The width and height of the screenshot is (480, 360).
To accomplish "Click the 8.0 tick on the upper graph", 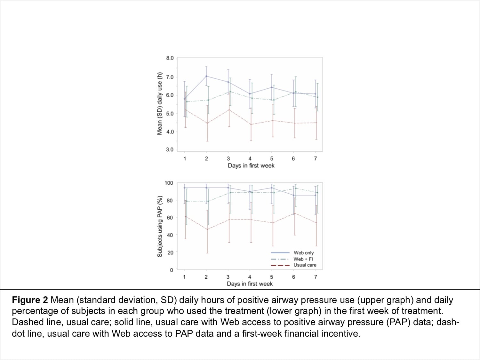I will (x=170, y=58).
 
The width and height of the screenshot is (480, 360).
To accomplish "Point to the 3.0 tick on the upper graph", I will (x=170, y=150).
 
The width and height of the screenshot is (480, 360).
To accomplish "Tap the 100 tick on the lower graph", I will (x=169, y=183).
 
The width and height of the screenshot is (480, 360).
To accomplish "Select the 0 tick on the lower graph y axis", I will (x=171, y=270).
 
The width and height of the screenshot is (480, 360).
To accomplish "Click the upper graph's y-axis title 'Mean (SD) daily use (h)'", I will (x=159, y=104).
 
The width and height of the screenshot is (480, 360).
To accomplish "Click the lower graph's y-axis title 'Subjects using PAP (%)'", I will (x=159, y=226).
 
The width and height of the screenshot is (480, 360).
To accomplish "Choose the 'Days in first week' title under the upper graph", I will (x=251, y=166).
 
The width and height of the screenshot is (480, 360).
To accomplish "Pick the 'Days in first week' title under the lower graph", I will (x=250, y=284).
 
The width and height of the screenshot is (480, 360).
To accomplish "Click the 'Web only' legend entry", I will (x=303, y=253).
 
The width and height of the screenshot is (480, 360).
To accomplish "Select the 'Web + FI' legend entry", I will (x=303, y=259).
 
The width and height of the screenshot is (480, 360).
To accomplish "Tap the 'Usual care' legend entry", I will (x=305, y=265).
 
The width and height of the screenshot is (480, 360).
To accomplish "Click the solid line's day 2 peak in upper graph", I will (x=206, y=76).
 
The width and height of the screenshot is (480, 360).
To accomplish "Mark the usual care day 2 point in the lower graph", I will (x=207, y=229).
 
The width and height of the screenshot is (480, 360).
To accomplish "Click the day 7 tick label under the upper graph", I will (x=316, y=159).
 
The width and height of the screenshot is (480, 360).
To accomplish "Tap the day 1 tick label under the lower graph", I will (x=184, y=277).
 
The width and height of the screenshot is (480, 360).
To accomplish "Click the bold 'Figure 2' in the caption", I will (x=30, y=300).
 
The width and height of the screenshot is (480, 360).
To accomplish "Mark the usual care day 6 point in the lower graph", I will (x=294, y=213).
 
